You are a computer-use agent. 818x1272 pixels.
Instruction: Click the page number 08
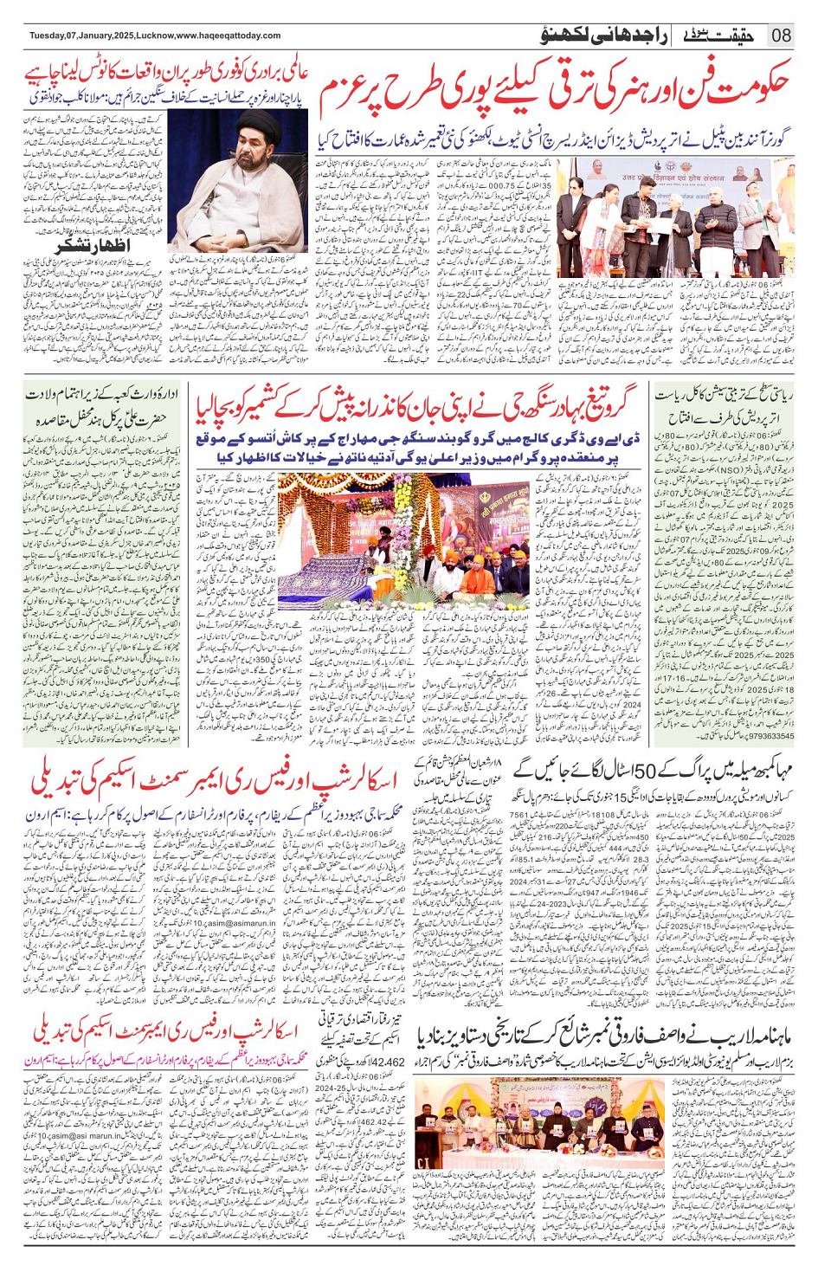[x=780, y=36]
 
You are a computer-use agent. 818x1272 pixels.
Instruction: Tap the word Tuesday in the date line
[x=48, y=36]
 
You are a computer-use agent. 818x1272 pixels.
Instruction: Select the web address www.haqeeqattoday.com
[x=229, y=36]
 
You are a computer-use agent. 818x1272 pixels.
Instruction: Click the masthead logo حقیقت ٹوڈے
[x=718, y=36]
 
